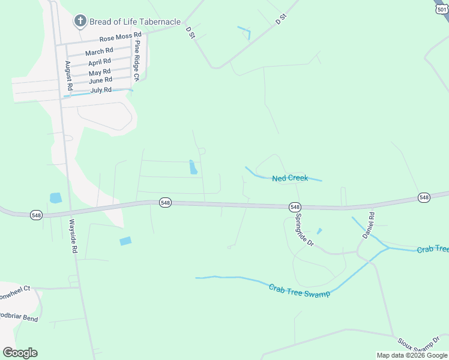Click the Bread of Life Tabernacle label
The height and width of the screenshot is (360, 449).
point(134,22)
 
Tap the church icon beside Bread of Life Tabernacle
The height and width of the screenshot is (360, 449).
point(80,22)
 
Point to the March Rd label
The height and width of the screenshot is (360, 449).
point(99,52)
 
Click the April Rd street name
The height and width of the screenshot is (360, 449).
point(99,62)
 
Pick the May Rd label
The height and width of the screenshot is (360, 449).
point(99,71)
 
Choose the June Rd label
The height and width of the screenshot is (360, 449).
point(100,80)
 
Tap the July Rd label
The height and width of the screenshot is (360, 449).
point(101,90)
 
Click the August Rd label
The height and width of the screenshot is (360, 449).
point(70,76)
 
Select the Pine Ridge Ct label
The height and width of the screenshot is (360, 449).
point(137,61)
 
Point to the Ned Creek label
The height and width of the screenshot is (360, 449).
point(290,178)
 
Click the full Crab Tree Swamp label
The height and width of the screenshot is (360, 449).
point(300,289)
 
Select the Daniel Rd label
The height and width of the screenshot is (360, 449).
point(367,225)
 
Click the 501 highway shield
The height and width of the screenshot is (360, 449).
point(442,9)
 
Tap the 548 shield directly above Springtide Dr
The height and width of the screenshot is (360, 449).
point(294,206)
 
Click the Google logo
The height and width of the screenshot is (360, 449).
point(20,353)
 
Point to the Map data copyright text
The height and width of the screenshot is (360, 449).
point(411,355)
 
